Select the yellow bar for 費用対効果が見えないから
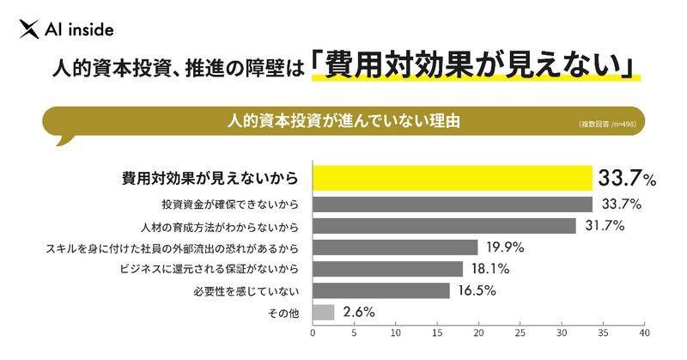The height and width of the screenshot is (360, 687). click(452, 179)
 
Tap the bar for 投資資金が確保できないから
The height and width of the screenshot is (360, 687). click(452, 204)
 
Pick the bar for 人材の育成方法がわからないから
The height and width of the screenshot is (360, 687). click(444, 226)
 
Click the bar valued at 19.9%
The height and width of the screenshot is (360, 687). click(395, 247)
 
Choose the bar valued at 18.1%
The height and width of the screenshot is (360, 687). click(387, 269)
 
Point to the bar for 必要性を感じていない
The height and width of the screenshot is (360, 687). click(380, 290)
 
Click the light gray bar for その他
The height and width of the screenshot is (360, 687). click(323, 312)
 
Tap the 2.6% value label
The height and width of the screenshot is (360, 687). click(358, 312)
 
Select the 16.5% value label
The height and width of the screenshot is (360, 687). click(477, 290)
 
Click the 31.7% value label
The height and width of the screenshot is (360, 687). click(604, 226)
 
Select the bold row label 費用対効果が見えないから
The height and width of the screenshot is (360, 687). click(210, 180)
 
